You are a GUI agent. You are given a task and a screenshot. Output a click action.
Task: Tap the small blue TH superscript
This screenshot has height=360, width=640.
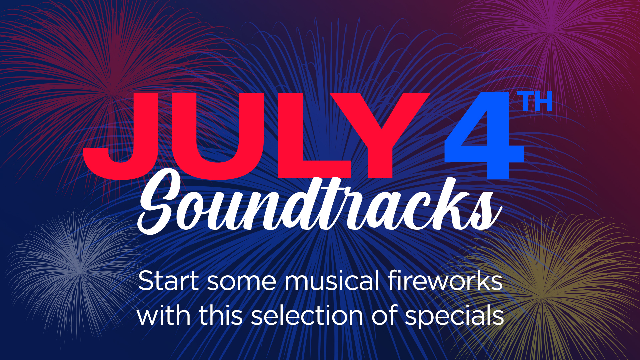point(535,101)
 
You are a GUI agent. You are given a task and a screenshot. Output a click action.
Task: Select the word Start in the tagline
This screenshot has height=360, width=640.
point(168,281)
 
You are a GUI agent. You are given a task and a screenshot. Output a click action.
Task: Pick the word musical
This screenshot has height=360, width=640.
point(332,281)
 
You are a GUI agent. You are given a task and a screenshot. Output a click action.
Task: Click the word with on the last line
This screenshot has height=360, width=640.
point(164,315)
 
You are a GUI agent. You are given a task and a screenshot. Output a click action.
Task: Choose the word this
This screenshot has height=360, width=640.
point(221,315)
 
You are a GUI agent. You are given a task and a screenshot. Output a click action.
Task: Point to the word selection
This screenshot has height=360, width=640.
point(307,315)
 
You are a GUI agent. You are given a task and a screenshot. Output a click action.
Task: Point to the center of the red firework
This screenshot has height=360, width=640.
point(112,92)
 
